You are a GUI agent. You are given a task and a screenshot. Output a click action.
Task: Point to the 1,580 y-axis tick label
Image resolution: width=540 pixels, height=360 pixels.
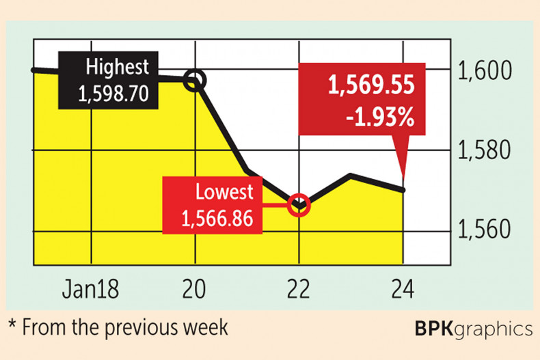click(x=492, y=150)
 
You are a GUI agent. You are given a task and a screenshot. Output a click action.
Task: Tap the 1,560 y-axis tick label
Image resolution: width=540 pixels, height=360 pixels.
click(x=492, y=230)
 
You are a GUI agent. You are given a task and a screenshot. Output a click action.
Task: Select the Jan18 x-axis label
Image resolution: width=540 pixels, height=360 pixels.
click(x=90, y=288)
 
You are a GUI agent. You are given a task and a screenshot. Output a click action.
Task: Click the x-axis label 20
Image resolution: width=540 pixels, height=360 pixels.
click(x=195, y=288)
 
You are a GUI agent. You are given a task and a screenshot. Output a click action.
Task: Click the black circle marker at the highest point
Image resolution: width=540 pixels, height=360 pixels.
click(x=195, y=81)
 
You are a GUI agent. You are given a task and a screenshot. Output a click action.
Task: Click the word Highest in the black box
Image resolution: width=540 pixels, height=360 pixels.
click(x=118, y=68)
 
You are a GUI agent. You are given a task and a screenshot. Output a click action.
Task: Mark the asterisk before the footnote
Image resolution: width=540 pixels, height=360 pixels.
click(x=12, y=326)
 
